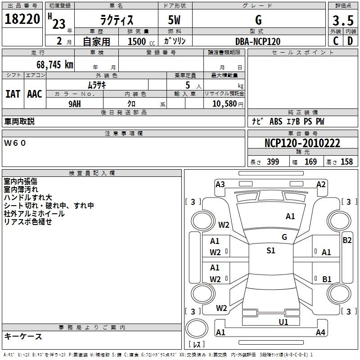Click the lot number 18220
tap(22, 19)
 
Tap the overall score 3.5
tap(343, 20)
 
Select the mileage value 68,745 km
tap(55, 65)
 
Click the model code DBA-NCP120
tap(258, 41)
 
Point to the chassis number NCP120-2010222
tap(302, 143)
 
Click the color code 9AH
tap(75, 104)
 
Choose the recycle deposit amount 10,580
tap(225, 104)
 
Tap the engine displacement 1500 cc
tap(141, 41)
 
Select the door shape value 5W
tap(174, 20)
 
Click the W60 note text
tap(15, 143)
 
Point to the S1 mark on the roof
tap(271, 251)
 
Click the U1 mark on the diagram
tap(283, 322)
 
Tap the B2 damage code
tap(347, 240)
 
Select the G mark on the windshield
tap(284, 237)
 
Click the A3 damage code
tap(220, 184)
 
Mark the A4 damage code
tap(320, 332)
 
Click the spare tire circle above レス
tap(197, 328)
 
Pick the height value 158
tap(346, 162)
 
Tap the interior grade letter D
tap(350, 41)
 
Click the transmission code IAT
tap(13, 94)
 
